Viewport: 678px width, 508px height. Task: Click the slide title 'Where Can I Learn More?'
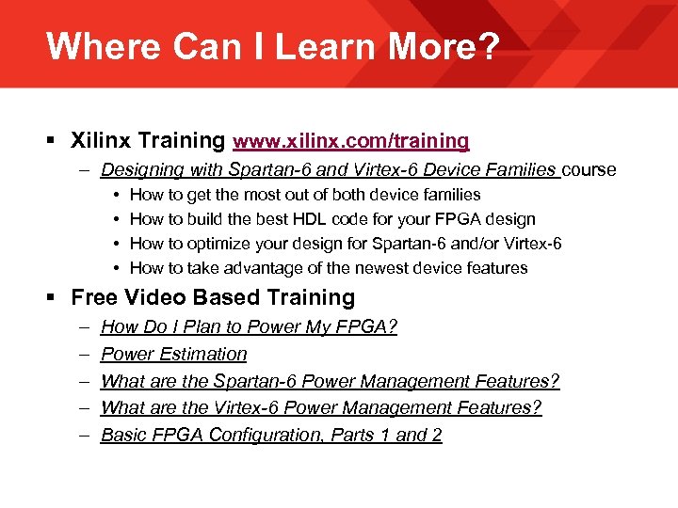[272, 45]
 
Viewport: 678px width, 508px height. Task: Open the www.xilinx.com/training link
[351, 141]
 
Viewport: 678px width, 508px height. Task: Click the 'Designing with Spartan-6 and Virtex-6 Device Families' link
[329, 170]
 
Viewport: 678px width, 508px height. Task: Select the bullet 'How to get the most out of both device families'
[305, 195]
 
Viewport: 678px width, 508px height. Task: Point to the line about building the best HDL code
[332, 219]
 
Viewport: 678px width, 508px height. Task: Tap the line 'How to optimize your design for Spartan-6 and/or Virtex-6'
[346, 244]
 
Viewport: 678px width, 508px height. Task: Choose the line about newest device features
[329, 268]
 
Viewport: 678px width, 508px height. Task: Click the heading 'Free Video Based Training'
[213, 297]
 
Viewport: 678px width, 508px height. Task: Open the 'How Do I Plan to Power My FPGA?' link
[249, 327]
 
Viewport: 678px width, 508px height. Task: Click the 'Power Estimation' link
[173, 355]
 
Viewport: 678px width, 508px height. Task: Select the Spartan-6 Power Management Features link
[330, 381]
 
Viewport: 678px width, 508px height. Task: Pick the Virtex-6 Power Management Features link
[321, 408]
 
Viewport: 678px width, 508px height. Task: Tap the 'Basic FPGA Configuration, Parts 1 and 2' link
[271, 435]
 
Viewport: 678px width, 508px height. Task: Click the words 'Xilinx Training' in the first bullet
[148, 141]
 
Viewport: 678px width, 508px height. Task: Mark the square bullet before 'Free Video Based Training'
[53, 298]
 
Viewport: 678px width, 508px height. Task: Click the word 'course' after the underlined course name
[589, 170]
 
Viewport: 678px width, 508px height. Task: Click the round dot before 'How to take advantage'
[114, 268]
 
